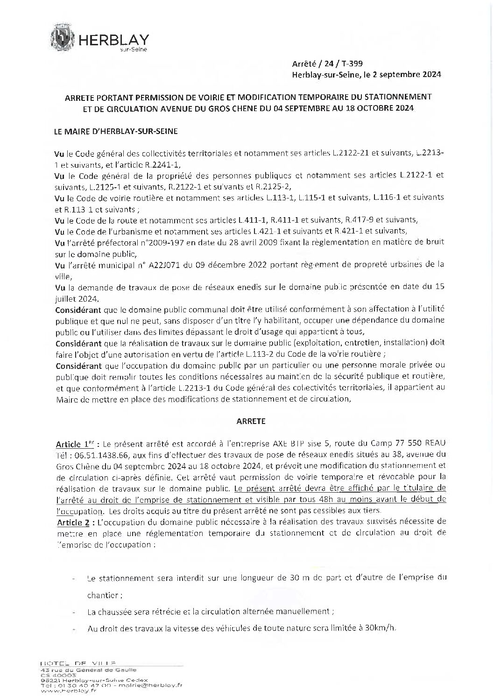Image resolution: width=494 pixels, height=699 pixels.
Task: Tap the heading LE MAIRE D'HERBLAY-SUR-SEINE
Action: [116, 132]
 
